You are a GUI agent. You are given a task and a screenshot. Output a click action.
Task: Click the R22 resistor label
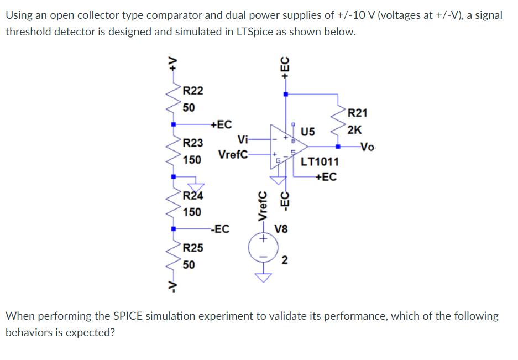click(193, 90)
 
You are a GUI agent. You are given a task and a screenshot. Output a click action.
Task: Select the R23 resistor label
click(193, 143)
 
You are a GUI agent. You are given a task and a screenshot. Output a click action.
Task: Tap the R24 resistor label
click(193, 195)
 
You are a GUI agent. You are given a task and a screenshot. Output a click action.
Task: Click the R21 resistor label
click(358, 113)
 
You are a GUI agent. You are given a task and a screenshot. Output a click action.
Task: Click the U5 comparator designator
click(308, 132)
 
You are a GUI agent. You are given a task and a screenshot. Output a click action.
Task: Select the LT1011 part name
click(320, 163)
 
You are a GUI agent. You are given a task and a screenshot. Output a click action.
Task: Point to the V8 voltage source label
click(281, 228)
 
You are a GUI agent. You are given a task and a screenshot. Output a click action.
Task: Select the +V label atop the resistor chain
click(174, 65)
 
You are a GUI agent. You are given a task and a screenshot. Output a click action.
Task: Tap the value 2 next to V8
click(284, 260)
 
